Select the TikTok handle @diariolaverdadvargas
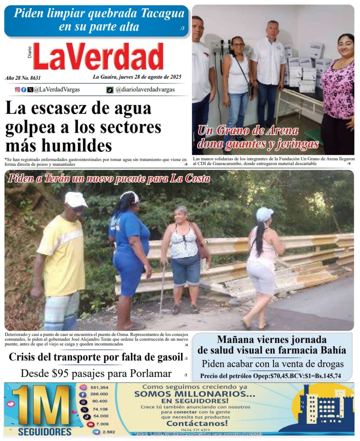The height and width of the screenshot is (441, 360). (145, 90)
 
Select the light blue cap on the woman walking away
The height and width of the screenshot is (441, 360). (264, 214)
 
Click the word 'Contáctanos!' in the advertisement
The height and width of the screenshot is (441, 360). (197, 423)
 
